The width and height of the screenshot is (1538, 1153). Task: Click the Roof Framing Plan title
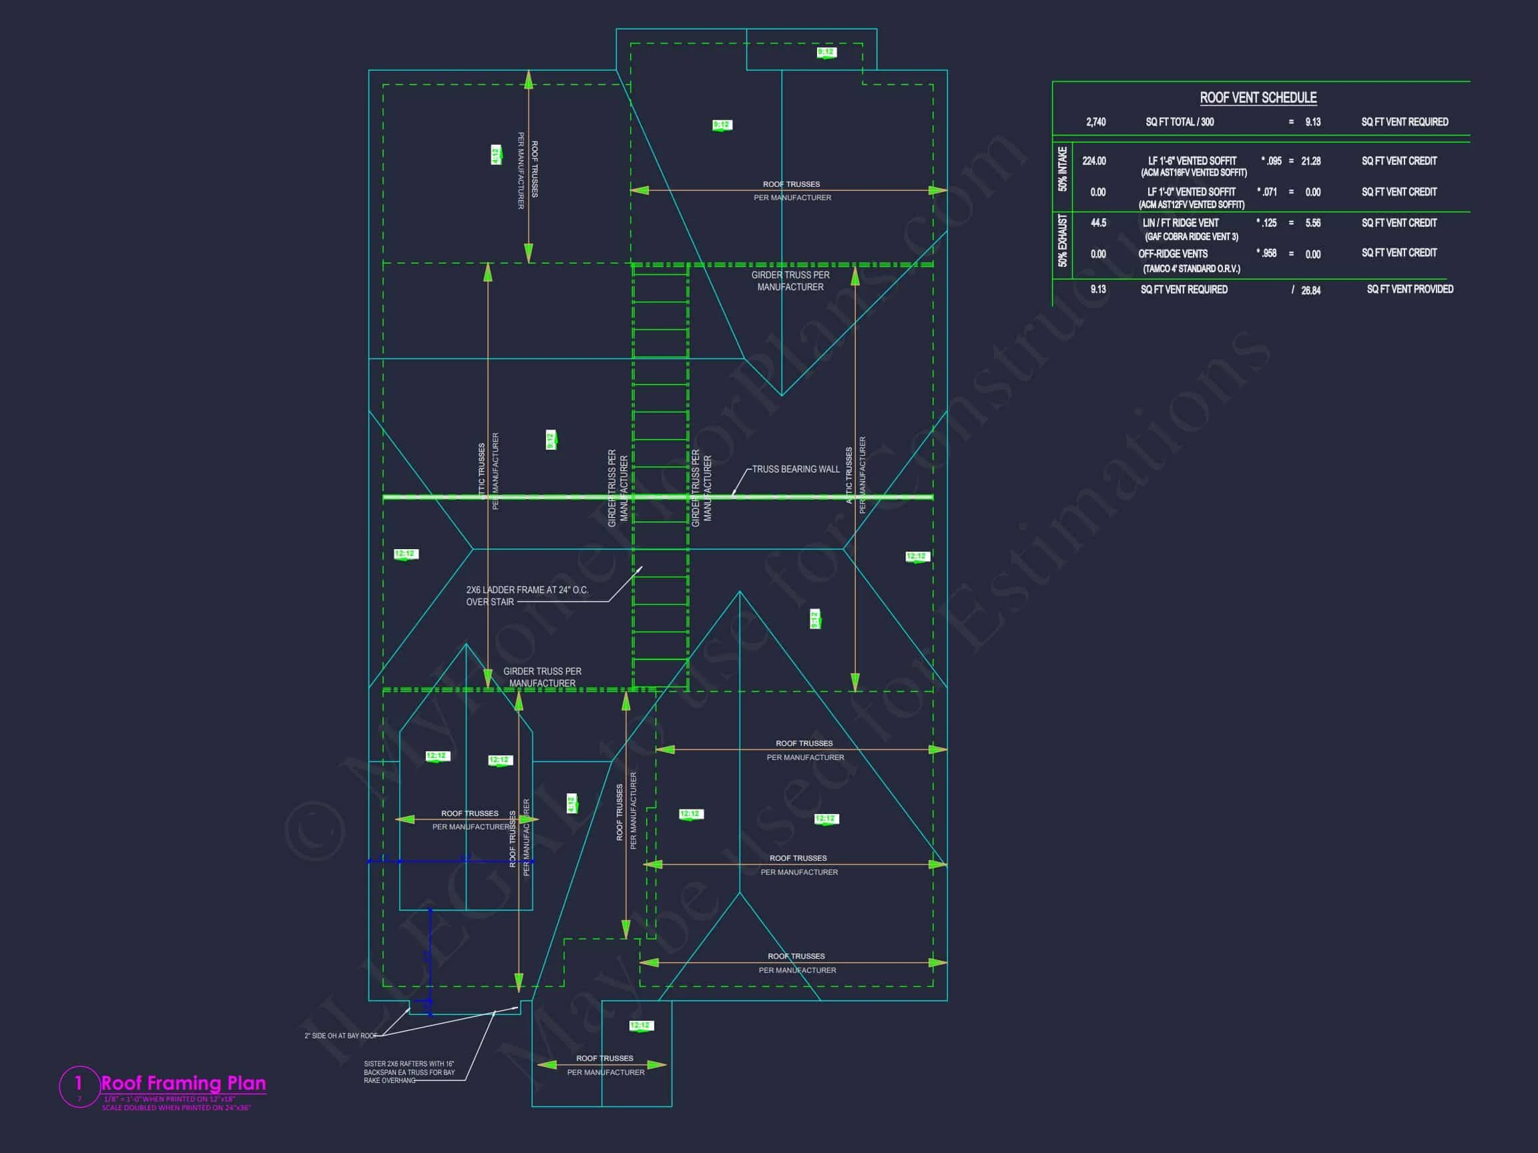pyautogui.click(x=184, y=1083)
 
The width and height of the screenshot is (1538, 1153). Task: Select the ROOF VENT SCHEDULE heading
pyautogui.click(x=1258, y=98)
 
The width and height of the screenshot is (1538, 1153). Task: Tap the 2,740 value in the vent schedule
pyautogui.click(x=1096, y=122)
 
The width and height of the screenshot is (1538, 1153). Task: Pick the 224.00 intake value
pyautogui.click(x=1093, y=161)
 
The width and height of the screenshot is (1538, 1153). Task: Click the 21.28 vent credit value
pyautogui.click(x=1310, y=161)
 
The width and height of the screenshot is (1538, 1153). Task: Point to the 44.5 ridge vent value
pyautogui.click(x=1098, y=223)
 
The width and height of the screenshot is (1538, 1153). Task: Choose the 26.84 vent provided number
pyautogui.click(x=1310, y=290)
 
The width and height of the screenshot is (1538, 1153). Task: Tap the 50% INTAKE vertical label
pyautogui.click(x=1063, y=169)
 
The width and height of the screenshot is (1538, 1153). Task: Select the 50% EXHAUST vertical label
pyautogui.click(x=1063, y=240)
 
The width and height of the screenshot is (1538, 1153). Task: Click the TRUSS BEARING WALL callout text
pyautogui.click(x=796, y=469)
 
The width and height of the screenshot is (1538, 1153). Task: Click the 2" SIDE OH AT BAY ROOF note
pyautogui.click(x=340, y=1036)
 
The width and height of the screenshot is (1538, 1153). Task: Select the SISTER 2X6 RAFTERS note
pyautogui.click(x=409, y=1072)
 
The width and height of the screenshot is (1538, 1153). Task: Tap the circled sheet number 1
pyautogui.click(x=79, y=1083)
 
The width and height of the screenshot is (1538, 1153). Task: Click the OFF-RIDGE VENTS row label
pyautogui.click(x=1173, y=254)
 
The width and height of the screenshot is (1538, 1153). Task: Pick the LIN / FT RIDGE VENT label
pyautogui.click(x=1181, y=223)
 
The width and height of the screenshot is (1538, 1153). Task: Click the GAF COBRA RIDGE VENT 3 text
pyautogui.click(x=1191, y=237)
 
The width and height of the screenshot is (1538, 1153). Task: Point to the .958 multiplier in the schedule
pyautogui.click(x=1269, y=254)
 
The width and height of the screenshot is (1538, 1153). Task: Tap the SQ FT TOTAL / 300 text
pyautogui.click(x=1180, y=122)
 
